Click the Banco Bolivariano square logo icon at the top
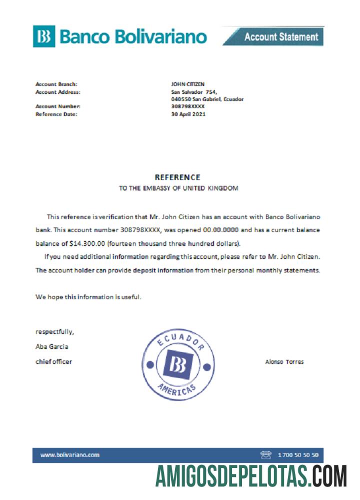(44, 36)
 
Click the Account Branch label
(56, 84)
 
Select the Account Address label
(58, 91)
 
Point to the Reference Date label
(56, 114)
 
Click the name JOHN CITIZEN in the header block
(188, 84)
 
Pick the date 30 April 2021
(188, 114)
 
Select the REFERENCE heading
(177, 177)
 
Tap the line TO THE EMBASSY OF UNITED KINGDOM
(178, 188)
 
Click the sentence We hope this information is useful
(88, 296)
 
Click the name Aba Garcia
(52, 346)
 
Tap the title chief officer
(53, 361)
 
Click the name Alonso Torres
(284, 361)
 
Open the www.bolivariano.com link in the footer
(70, 454)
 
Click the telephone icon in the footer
(265, 454)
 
